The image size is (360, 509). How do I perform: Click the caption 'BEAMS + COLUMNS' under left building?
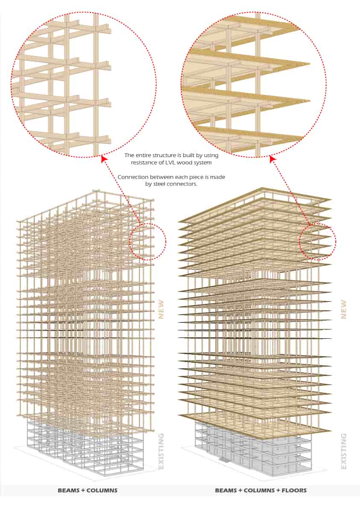point(88,490)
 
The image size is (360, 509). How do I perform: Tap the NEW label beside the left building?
point(161,309)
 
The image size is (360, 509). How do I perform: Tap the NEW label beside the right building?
point(343,309)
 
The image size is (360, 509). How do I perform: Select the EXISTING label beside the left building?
point(161,451)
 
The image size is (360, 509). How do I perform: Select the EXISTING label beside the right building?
point(343,451)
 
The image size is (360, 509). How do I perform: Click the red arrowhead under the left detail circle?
point(103,158)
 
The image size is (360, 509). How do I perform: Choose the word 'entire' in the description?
point(144,155)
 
